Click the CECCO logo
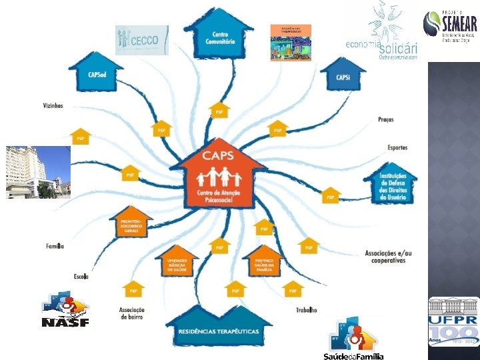(x=142, y=40)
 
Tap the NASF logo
(x=65, y=310)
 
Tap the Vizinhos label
(x=53, y=105)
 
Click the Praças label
(x=385, y=120)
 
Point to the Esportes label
(x=397, y=147)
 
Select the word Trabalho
(x=307, y=310)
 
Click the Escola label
(x=81, y=276)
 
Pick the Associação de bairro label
(x=132, y=313)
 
